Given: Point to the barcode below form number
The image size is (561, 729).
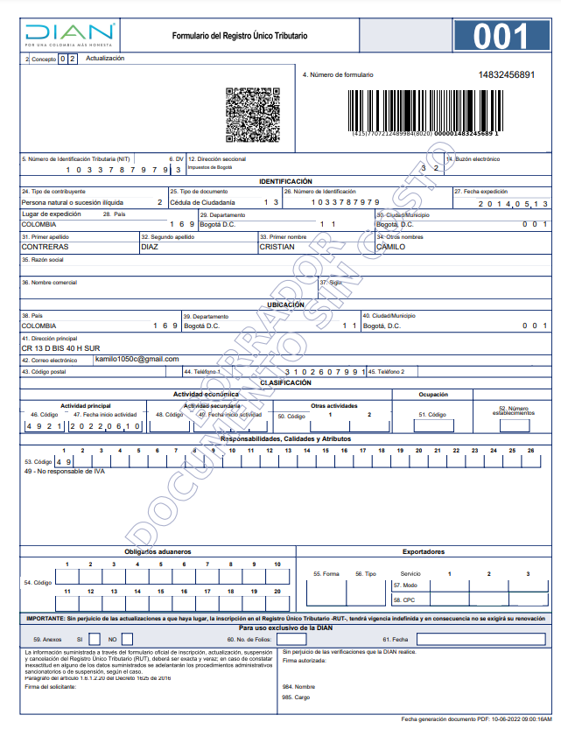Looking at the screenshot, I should click(x=425, y=109).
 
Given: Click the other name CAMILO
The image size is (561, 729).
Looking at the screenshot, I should click(x=390, y=247).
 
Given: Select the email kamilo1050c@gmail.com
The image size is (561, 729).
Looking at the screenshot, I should click(x=137, y=359).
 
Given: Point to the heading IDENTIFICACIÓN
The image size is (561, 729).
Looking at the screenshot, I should click(x=285, y=181).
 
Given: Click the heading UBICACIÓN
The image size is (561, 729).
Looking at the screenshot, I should click(x=285, y=305).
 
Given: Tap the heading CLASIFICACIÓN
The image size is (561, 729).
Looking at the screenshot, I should click(x=285, y=383).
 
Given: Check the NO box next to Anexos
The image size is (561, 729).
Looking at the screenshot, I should click(x=129, y=640).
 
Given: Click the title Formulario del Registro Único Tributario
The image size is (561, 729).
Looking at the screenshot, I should click(x=239, y=36).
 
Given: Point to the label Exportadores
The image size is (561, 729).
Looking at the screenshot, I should click(x=423, y=552).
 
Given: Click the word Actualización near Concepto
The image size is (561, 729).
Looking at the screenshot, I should click(x=105, y=59).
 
